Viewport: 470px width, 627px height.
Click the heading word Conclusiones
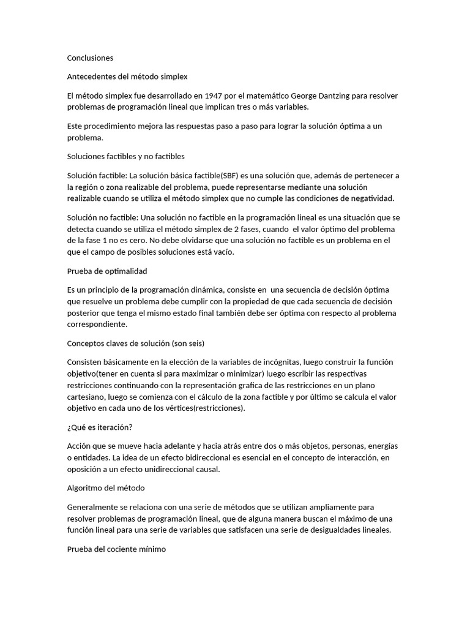(90, 58)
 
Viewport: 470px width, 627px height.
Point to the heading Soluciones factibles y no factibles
(125, 156)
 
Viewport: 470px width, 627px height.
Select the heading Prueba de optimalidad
(106, 271)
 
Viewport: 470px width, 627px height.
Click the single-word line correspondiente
(97, 325)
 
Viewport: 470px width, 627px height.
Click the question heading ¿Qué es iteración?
(100, 427)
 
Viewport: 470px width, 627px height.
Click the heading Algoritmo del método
(105, 488)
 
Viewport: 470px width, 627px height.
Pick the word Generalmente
(94, 508)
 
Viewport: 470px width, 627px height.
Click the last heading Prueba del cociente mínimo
(116, 549)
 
